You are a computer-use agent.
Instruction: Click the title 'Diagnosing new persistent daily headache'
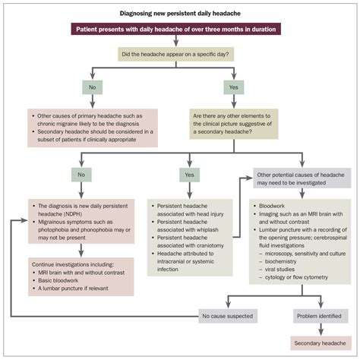(x=179, y=14)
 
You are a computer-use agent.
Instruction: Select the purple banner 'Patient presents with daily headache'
(x=179, y=30)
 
